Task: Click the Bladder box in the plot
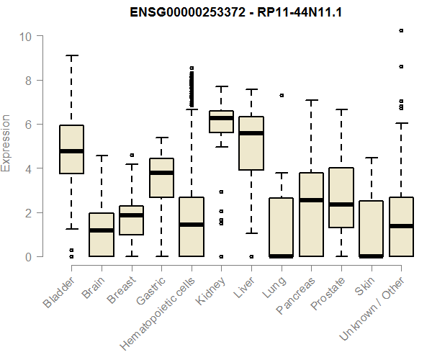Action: click(72, 150)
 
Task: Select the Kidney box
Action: click(221, 122)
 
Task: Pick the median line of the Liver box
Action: click(251, 133)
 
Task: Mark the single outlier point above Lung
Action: click(282, 95)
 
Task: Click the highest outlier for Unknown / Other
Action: click(401, 30)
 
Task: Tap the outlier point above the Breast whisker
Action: click(132, 155)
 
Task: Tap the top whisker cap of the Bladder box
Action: click(72, 55)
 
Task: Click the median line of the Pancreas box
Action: click(311, 200)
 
